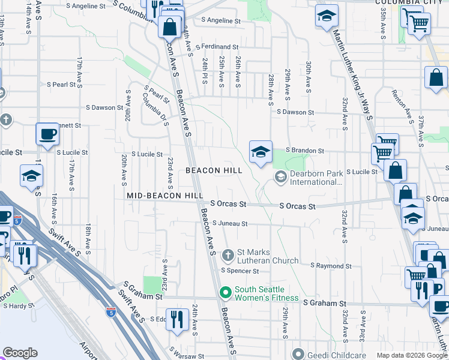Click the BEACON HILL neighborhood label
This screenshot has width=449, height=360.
click(214, 170)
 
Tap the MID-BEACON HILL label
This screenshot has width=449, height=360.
click(164, 196)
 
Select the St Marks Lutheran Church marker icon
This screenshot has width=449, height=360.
click(228, 256)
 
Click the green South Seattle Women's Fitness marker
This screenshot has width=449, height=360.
click(226, 293)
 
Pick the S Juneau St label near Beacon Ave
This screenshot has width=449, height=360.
click(230, 224)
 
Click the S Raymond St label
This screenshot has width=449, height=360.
click(330, 265)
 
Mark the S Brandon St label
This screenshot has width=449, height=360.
click(304, 151)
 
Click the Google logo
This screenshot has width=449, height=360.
click(20, 353)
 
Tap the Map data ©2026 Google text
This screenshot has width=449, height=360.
click(412, 355)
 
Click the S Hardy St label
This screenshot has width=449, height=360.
click(20, 305)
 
